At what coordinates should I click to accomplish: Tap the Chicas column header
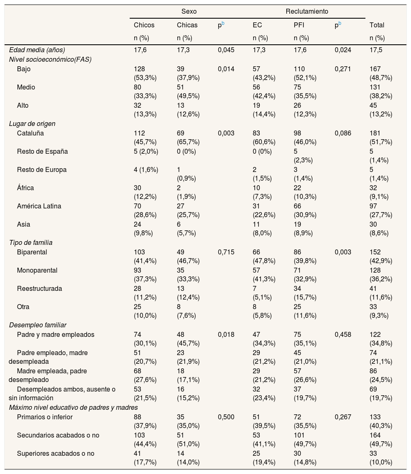[x=187, y=25]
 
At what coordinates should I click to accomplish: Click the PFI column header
[x=299, y=25]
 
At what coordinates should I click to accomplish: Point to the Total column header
[x=377, y=25]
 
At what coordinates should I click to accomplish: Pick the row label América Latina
[x=39, y=206]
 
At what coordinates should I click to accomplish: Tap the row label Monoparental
[x=37, y=270]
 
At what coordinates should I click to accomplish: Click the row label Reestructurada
[x=39, y=288]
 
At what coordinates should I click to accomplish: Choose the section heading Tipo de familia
[x=31, y=242]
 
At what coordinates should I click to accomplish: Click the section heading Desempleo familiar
[x=38, y=325]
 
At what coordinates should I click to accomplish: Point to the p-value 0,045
[x=226, y=50]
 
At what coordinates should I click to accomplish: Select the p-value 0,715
[x=226, y=252]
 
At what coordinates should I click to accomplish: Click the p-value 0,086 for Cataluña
[x=343, y=133]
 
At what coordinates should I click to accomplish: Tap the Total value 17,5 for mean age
[x=375, y=50]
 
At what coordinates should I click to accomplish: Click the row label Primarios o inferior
[x=45, y=417]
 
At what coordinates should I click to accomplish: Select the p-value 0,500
[x=226, y=417]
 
